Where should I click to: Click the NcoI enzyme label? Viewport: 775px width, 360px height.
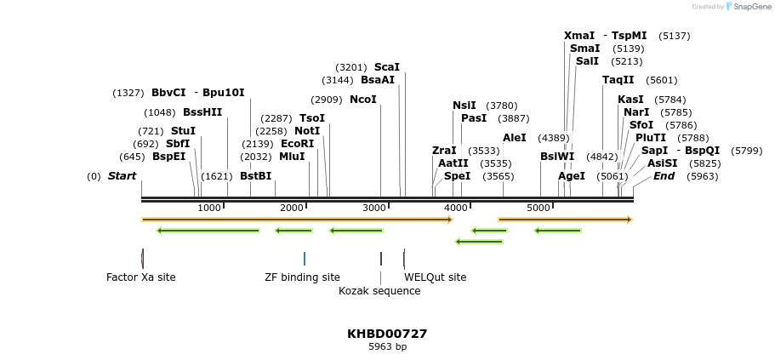pyautogui.click(x=362, y=100)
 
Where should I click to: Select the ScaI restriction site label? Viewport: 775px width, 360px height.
pyautogui.click(x=387, y=67)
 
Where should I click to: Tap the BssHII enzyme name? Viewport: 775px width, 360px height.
pyautogui.click(x=202, y=112)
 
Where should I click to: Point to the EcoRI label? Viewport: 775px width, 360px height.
pyautogui.click(x=297, y=144)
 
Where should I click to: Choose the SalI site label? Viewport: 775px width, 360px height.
pyautogui.click(x=587, y=61)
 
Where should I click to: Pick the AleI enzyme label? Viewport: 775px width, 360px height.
pyautogui.click(x=515, y=138)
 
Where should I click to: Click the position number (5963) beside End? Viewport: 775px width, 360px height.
pyautogui.click(x=703, y=176)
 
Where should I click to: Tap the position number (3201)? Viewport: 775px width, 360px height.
pyautogui.click(x=351, y=67)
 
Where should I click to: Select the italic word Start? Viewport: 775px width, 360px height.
pyautogui.click(x=123, y=176)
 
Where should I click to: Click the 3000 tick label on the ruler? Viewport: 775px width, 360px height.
pyautogui.click(x=373, y=208)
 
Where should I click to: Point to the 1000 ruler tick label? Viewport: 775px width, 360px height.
pyautogui.click(x=209, y=208)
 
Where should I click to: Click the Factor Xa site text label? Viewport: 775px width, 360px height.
pyautogui.click(x=141, y=277)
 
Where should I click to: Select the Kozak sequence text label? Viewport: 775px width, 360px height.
pyautogui.click(x=379, y=291)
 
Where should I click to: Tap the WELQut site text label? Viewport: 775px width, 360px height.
pyautogui.click(x=435, y=277)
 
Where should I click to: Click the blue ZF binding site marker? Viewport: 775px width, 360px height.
pyautogui.click(x=305, y=259)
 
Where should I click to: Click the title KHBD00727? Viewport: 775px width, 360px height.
pyautogui.click(x=387, y=334)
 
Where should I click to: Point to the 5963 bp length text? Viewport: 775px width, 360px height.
pyautogui.click(x=388, y=346)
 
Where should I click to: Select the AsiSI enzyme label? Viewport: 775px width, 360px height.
pyautogui.click(x=663, y=163)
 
